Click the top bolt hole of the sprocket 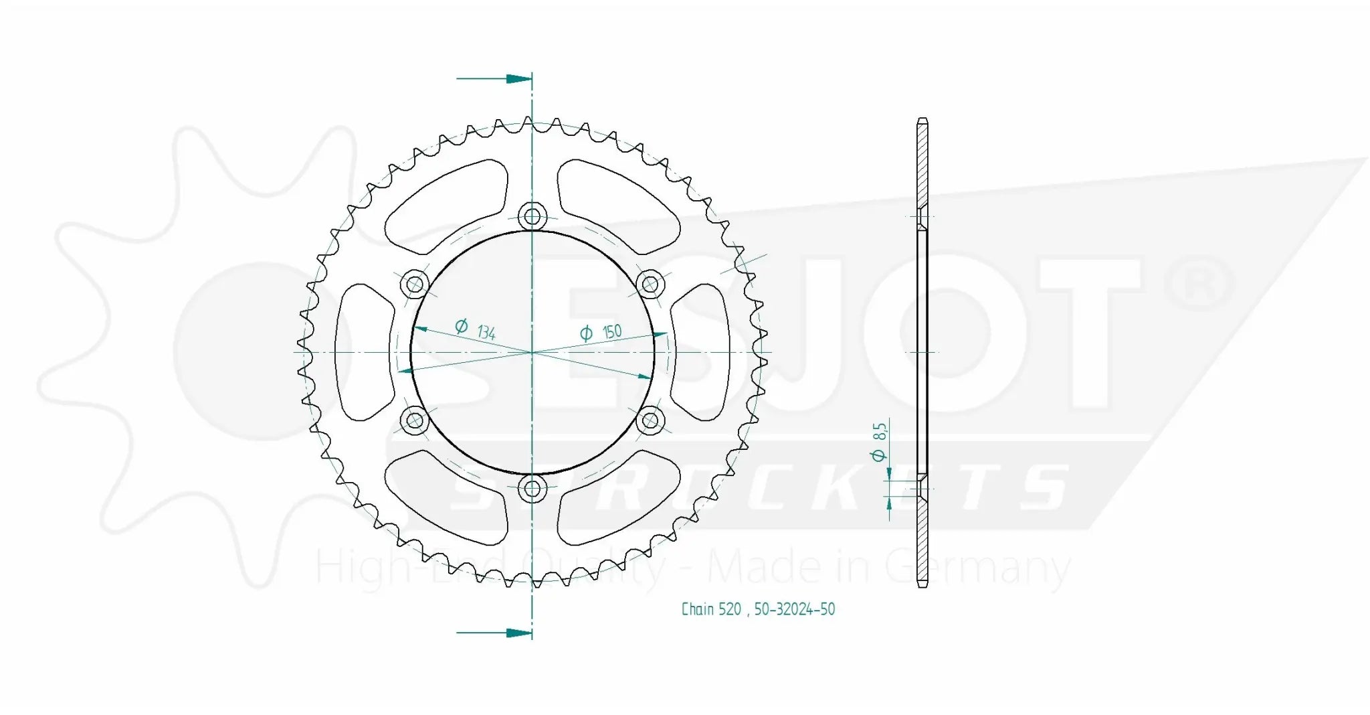pos(532,216)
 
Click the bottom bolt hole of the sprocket pos(532,489)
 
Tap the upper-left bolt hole pos(415,285)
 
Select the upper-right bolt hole pos(650,284)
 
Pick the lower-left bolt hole pos(415,421)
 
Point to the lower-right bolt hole pos(650,421)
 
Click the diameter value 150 pos(611,331)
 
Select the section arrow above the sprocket pos(518,79)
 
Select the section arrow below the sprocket pos(518,633)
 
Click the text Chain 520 pos(711,609)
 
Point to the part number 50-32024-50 pos(795,609)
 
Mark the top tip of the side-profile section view pos(922,120)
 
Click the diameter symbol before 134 pos(461,326)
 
